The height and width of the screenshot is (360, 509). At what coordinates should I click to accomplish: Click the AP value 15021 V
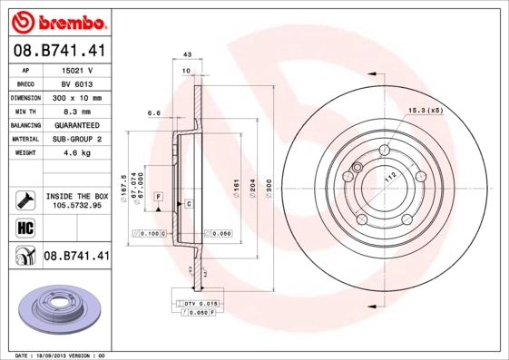77,70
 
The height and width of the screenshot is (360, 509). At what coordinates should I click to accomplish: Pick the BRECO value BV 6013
77,83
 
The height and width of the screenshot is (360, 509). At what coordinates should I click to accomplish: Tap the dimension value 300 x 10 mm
77,96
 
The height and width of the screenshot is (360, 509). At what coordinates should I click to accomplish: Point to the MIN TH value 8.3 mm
77,110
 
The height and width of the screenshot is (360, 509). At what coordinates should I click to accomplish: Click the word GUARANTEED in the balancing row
77,124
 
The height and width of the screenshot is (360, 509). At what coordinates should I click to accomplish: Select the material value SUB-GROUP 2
77,139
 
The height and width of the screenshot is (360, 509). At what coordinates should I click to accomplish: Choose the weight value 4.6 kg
77,153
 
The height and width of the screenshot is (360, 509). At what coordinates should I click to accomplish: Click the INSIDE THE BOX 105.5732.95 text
77,199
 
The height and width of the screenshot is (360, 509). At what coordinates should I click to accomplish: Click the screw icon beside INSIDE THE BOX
24,199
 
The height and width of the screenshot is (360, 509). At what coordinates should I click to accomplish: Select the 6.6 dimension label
154,114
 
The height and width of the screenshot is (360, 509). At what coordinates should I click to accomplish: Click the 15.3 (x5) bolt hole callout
426,110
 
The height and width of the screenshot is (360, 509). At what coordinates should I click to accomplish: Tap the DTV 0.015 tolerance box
195,302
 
